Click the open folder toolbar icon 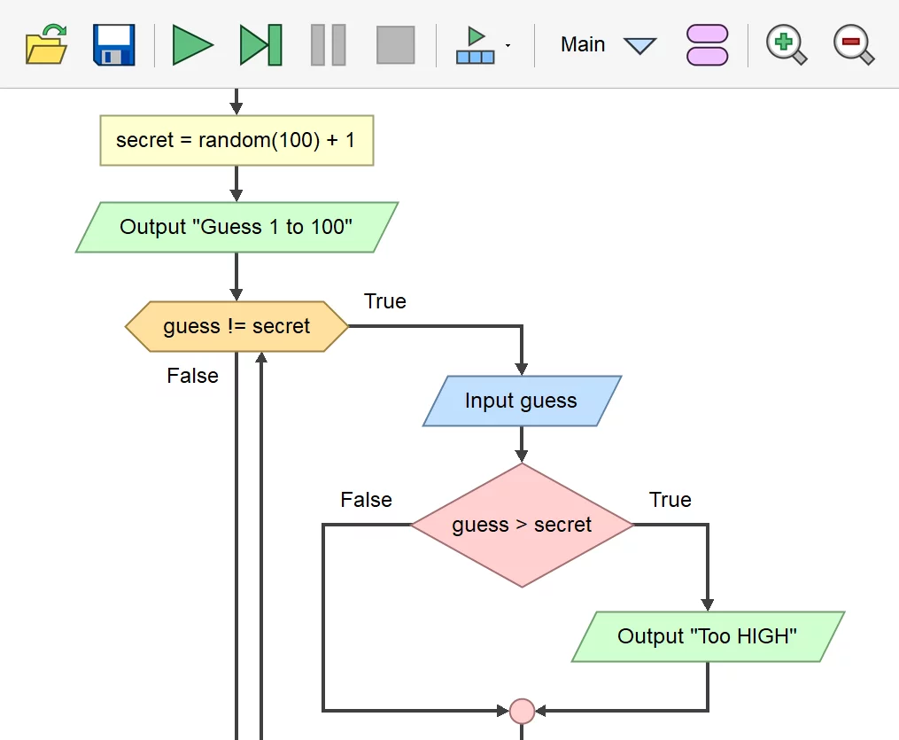(x=47, y=44)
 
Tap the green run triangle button (x=192, y=44)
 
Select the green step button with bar (x=260, y=44)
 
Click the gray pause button (x=328, y=44)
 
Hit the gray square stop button (x=395, y=44)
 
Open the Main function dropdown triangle (x=639, y=45)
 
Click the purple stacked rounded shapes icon (x=707, y=44)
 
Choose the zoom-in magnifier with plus (x=786, y=44)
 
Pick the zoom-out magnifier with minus (x=853, y=44)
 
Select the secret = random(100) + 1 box (x=236, y=140)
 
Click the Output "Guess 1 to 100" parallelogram (x=236, y=227)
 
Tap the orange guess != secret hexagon (x=236, y=326)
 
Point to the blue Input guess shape (x=521, y=401)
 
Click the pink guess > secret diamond (x=522, y=525)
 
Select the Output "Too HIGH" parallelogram (x=708, y=635)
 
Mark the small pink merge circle (x=522, y=711)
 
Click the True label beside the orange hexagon (x=385, y=301)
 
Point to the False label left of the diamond (x=366, y=500)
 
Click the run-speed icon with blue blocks (x=477, y=45)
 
